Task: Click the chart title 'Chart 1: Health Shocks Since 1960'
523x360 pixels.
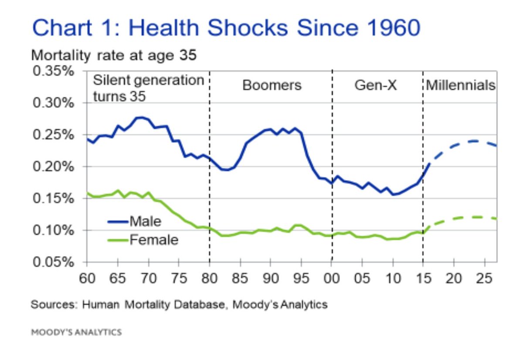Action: point(226,28)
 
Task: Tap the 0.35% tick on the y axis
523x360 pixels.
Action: point(53,71)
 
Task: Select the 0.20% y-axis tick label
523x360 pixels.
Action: point(53,166)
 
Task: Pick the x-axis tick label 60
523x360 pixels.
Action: point(87,278)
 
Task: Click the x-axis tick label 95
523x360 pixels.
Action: point(301,278)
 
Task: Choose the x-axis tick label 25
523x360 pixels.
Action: point(485,278)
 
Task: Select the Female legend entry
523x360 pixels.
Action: point(153,239)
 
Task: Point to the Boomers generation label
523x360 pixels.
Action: point(272,85)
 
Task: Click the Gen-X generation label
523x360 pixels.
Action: point(375,85)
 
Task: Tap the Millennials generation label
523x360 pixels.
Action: point(461,85)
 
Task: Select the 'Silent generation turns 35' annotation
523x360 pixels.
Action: point(148,88)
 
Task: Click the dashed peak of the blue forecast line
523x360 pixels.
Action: point(473,141)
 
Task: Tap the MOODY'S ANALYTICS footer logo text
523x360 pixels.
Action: point(76,333)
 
